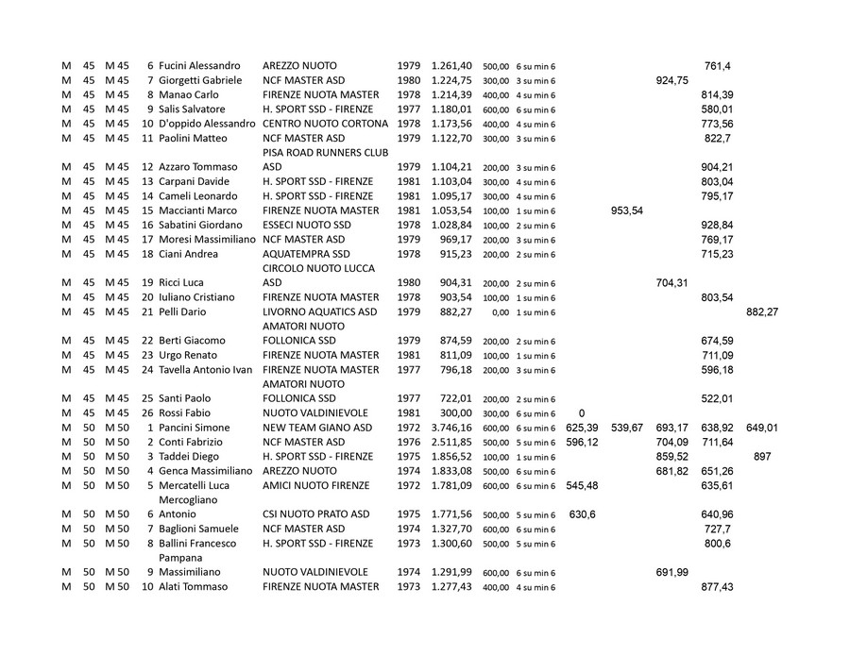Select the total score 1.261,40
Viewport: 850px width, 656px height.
pyautogui.click(x=451, y=66)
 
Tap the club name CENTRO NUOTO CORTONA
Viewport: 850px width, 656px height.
pyautogui.click(x=325, y=124)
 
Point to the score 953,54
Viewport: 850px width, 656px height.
pyautogui.click(x=627, y=210)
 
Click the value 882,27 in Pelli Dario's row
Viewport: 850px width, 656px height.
pyautogui.click(x=761, y=311)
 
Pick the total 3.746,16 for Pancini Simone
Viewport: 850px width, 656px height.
pyautogui.click(x=451, y=428)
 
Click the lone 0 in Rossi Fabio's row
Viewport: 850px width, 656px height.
pyautogui.click(x=581, y=412)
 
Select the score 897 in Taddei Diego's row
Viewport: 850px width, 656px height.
pyautogui.click(x=762, y=457)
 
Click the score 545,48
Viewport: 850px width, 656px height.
pyautogui.click(x=581, y=485)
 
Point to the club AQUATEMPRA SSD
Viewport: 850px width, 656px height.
pyautogui.click(x=306, y=254)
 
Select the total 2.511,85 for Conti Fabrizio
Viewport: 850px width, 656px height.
pyautogui.click(x=451, y=442)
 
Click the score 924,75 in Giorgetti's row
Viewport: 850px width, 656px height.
pyautogui.click(x=671, y=80)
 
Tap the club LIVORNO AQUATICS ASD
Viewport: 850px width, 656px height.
pyautogui.click(x=319, y=311)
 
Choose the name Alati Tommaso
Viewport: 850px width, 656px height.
pyautogui.click(x=193, y=586)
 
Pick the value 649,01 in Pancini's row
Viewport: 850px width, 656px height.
pyautogui.click(x=761, y=428)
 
